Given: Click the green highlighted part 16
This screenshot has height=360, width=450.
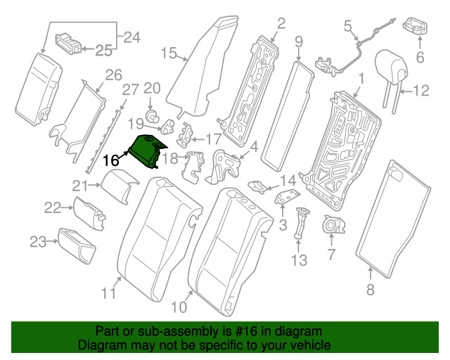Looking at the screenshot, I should (146, 151).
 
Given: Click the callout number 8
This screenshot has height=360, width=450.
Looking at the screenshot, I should (371, 289).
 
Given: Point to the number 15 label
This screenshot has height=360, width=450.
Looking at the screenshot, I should (168, 53).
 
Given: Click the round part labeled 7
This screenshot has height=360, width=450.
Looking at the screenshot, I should (331, 226).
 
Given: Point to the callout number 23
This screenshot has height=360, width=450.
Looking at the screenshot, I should (38, 242).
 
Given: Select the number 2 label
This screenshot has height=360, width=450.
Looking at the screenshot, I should (280, 25).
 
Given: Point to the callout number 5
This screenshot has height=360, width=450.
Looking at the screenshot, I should (347, 27).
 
